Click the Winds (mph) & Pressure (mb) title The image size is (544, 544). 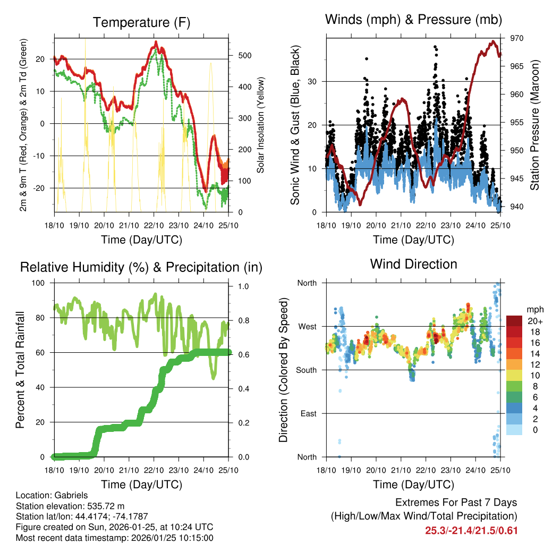tap(414, 20)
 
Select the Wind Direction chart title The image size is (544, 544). tap(413, 263)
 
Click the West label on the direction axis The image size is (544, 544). tap(307, 326)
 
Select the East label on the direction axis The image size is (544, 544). tap(308, 413)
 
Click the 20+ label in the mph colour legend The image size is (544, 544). tap(534, 321)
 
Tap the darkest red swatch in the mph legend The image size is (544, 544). tap(515, 321)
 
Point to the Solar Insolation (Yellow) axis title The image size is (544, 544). tap(260, 125)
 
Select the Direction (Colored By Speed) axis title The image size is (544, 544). tap(283, 369)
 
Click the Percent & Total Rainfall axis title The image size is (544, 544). tap(20, 370)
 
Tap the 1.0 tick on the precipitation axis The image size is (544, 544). tap(243, 286)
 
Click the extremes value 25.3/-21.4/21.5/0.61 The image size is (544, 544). tap(471, 530)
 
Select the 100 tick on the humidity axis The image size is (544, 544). tap(39, 283)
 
